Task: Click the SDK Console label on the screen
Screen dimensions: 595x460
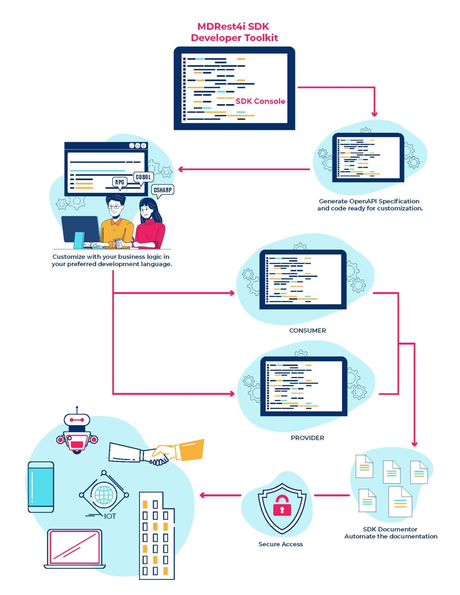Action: coord(260,101)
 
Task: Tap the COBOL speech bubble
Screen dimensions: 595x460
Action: coord(143,177)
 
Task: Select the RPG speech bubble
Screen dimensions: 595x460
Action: coord(120,182)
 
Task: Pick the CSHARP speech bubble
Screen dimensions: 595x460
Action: coord(162,190)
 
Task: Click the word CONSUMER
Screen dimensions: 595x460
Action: coord(307,330)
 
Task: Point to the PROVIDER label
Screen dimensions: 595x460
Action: coord(307,438)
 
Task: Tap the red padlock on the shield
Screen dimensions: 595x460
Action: coord(282,506)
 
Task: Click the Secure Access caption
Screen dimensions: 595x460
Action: coord(281,544)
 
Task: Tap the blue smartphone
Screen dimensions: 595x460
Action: coord(41,487)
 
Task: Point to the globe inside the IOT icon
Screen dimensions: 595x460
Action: coord(104,495)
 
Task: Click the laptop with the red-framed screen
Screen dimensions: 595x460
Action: coord(74,548)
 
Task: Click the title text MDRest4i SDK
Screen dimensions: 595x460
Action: coord(233,26)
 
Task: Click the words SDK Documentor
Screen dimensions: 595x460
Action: coord(390,529)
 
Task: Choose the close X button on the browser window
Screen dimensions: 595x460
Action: coord(143,146)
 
